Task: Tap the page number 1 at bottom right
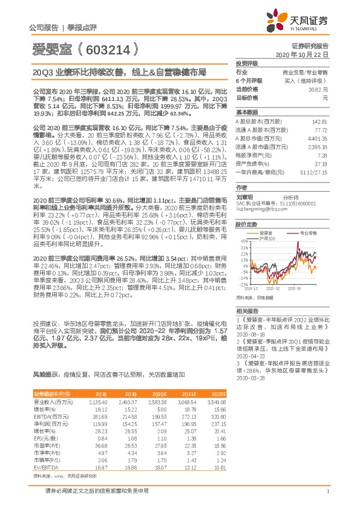(327, 490)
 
